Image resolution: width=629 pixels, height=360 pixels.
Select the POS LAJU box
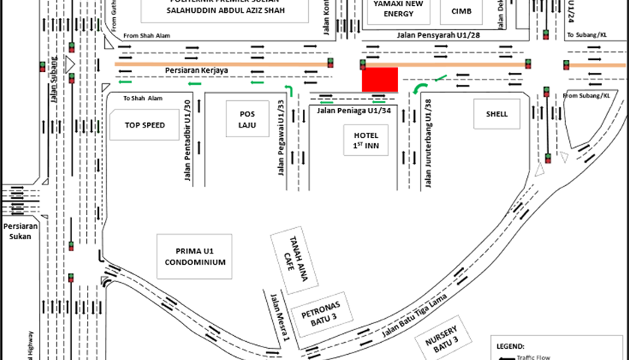[247, 119]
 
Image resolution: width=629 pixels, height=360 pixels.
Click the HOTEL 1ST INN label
[367, 139]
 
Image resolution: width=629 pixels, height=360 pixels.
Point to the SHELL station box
[496, 114]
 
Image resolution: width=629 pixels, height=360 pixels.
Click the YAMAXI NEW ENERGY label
[399, 8]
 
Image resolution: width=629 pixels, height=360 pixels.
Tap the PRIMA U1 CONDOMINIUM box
[190, 257]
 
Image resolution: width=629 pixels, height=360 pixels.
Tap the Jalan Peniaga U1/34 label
[354, 110]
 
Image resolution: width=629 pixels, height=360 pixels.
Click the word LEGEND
[513, 346]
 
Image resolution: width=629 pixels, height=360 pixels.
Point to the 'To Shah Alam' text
[142, 98]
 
